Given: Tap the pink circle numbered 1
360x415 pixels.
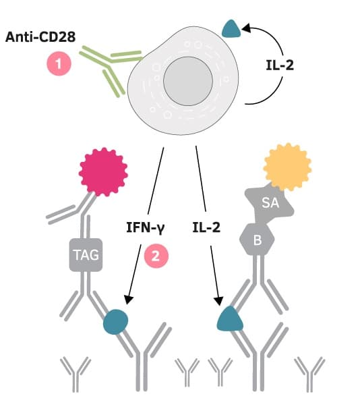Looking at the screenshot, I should pyautogui.click(x=59, y=65).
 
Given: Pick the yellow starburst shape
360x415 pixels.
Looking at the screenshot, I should pyautogui.click(x=288, y=165).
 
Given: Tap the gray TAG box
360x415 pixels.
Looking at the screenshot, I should pyautogui.click(x=86, y=256).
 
